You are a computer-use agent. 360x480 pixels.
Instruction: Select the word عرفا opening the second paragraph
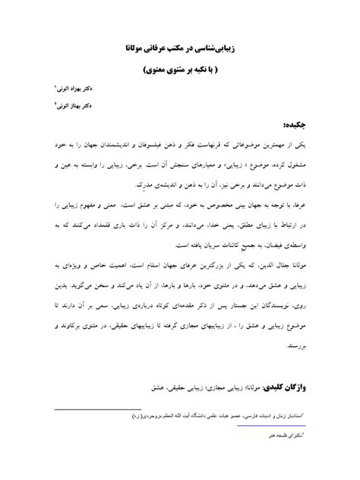[305, 205]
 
